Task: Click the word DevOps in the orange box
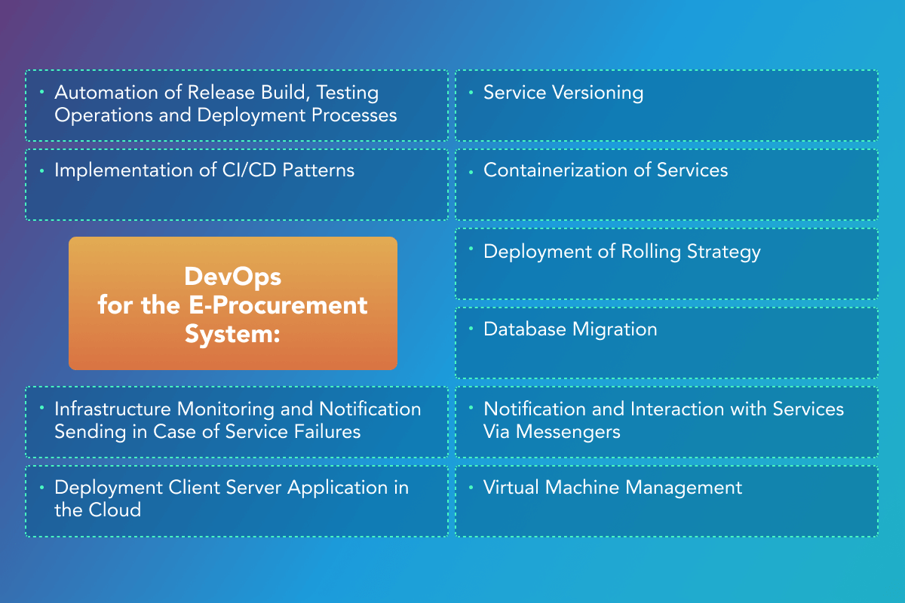click(x=233, y=278)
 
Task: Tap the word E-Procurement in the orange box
click(x=278, y=305)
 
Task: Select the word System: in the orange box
click(x=232, y=334)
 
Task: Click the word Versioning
click(x=597, y=93)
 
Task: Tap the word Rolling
click(x=651, y=252)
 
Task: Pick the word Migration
click(x=615, y=330)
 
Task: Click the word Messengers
click(x=568, y=433)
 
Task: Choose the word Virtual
click(x=511, y=488)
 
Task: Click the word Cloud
click(x=115, y=510)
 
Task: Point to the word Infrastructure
click(x=112, y=409)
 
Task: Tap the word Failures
click(x=327, y=432)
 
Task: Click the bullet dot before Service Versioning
click(x=471, y=93)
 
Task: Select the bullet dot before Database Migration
click(x=471, y=329)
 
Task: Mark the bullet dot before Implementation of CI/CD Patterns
click(x=41, y=171)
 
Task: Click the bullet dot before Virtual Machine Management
click(x=471, y=488)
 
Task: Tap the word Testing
click(x=348, y=93)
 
